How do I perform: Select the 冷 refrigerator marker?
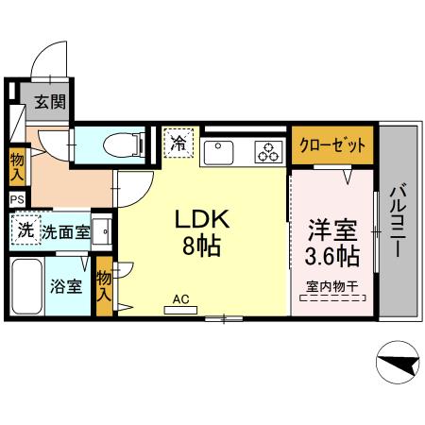click(178, 144)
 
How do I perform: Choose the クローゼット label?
click(332, 146)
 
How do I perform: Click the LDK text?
click(200, 219)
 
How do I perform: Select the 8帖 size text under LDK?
click(200, 247)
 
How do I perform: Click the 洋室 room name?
click(332, 229)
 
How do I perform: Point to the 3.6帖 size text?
click(332, 255)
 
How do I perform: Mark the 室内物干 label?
click(332, 285)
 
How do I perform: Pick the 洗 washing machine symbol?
click(26, 229)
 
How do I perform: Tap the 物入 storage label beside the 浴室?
click(104, 286)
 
